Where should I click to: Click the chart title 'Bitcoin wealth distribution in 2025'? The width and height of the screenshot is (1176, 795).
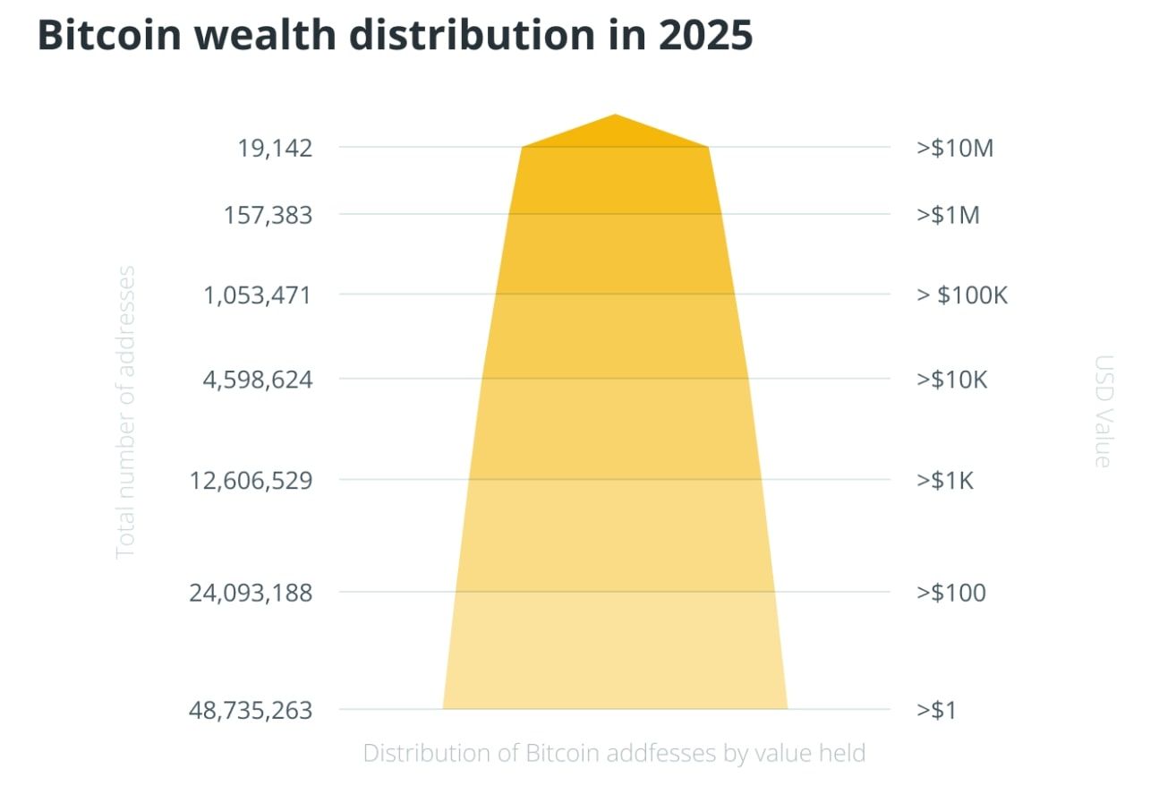tap(395, 37)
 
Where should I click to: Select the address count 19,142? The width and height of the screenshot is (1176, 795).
tap(275, 148)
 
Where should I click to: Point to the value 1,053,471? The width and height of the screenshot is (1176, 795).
tap(258, 295)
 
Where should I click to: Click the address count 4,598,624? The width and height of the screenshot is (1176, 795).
tap(258, 380)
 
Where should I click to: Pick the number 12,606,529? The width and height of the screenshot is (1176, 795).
tap(251, 481)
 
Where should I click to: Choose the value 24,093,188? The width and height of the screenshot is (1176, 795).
tap(251, 593)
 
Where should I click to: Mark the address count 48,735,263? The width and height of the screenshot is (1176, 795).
tap(251, 711)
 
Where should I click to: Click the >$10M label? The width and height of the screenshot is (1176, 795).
tap(955, 148)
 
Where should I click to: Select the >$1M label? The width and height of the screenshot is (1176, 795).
tap(948, 216)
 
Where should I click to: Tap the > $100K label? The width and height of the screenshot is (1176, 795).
tap(962, 295)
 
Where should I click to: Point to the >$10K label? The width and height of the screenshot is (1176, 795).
tap(951, 380)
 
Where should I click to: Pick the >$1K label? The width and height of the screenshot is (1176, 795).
tap(945, 481)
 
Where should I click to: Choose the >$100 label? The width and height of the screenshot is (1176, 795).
tap(950, 593)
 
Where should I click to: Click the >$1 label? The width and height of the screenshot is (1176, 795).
tap(936, 711)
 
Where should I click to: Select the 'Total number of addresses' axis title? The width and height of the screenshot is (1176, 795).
tap(126, 412)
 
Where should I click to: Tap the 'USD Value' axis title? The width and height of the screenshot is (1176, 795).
tap(1104, 412)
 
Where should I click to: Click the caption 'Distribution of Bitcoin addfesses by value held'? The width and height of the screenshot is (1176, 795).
tap(614, 753)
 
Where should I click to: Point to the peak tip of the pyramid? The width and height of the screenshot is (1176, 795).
tap(615, 116)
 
